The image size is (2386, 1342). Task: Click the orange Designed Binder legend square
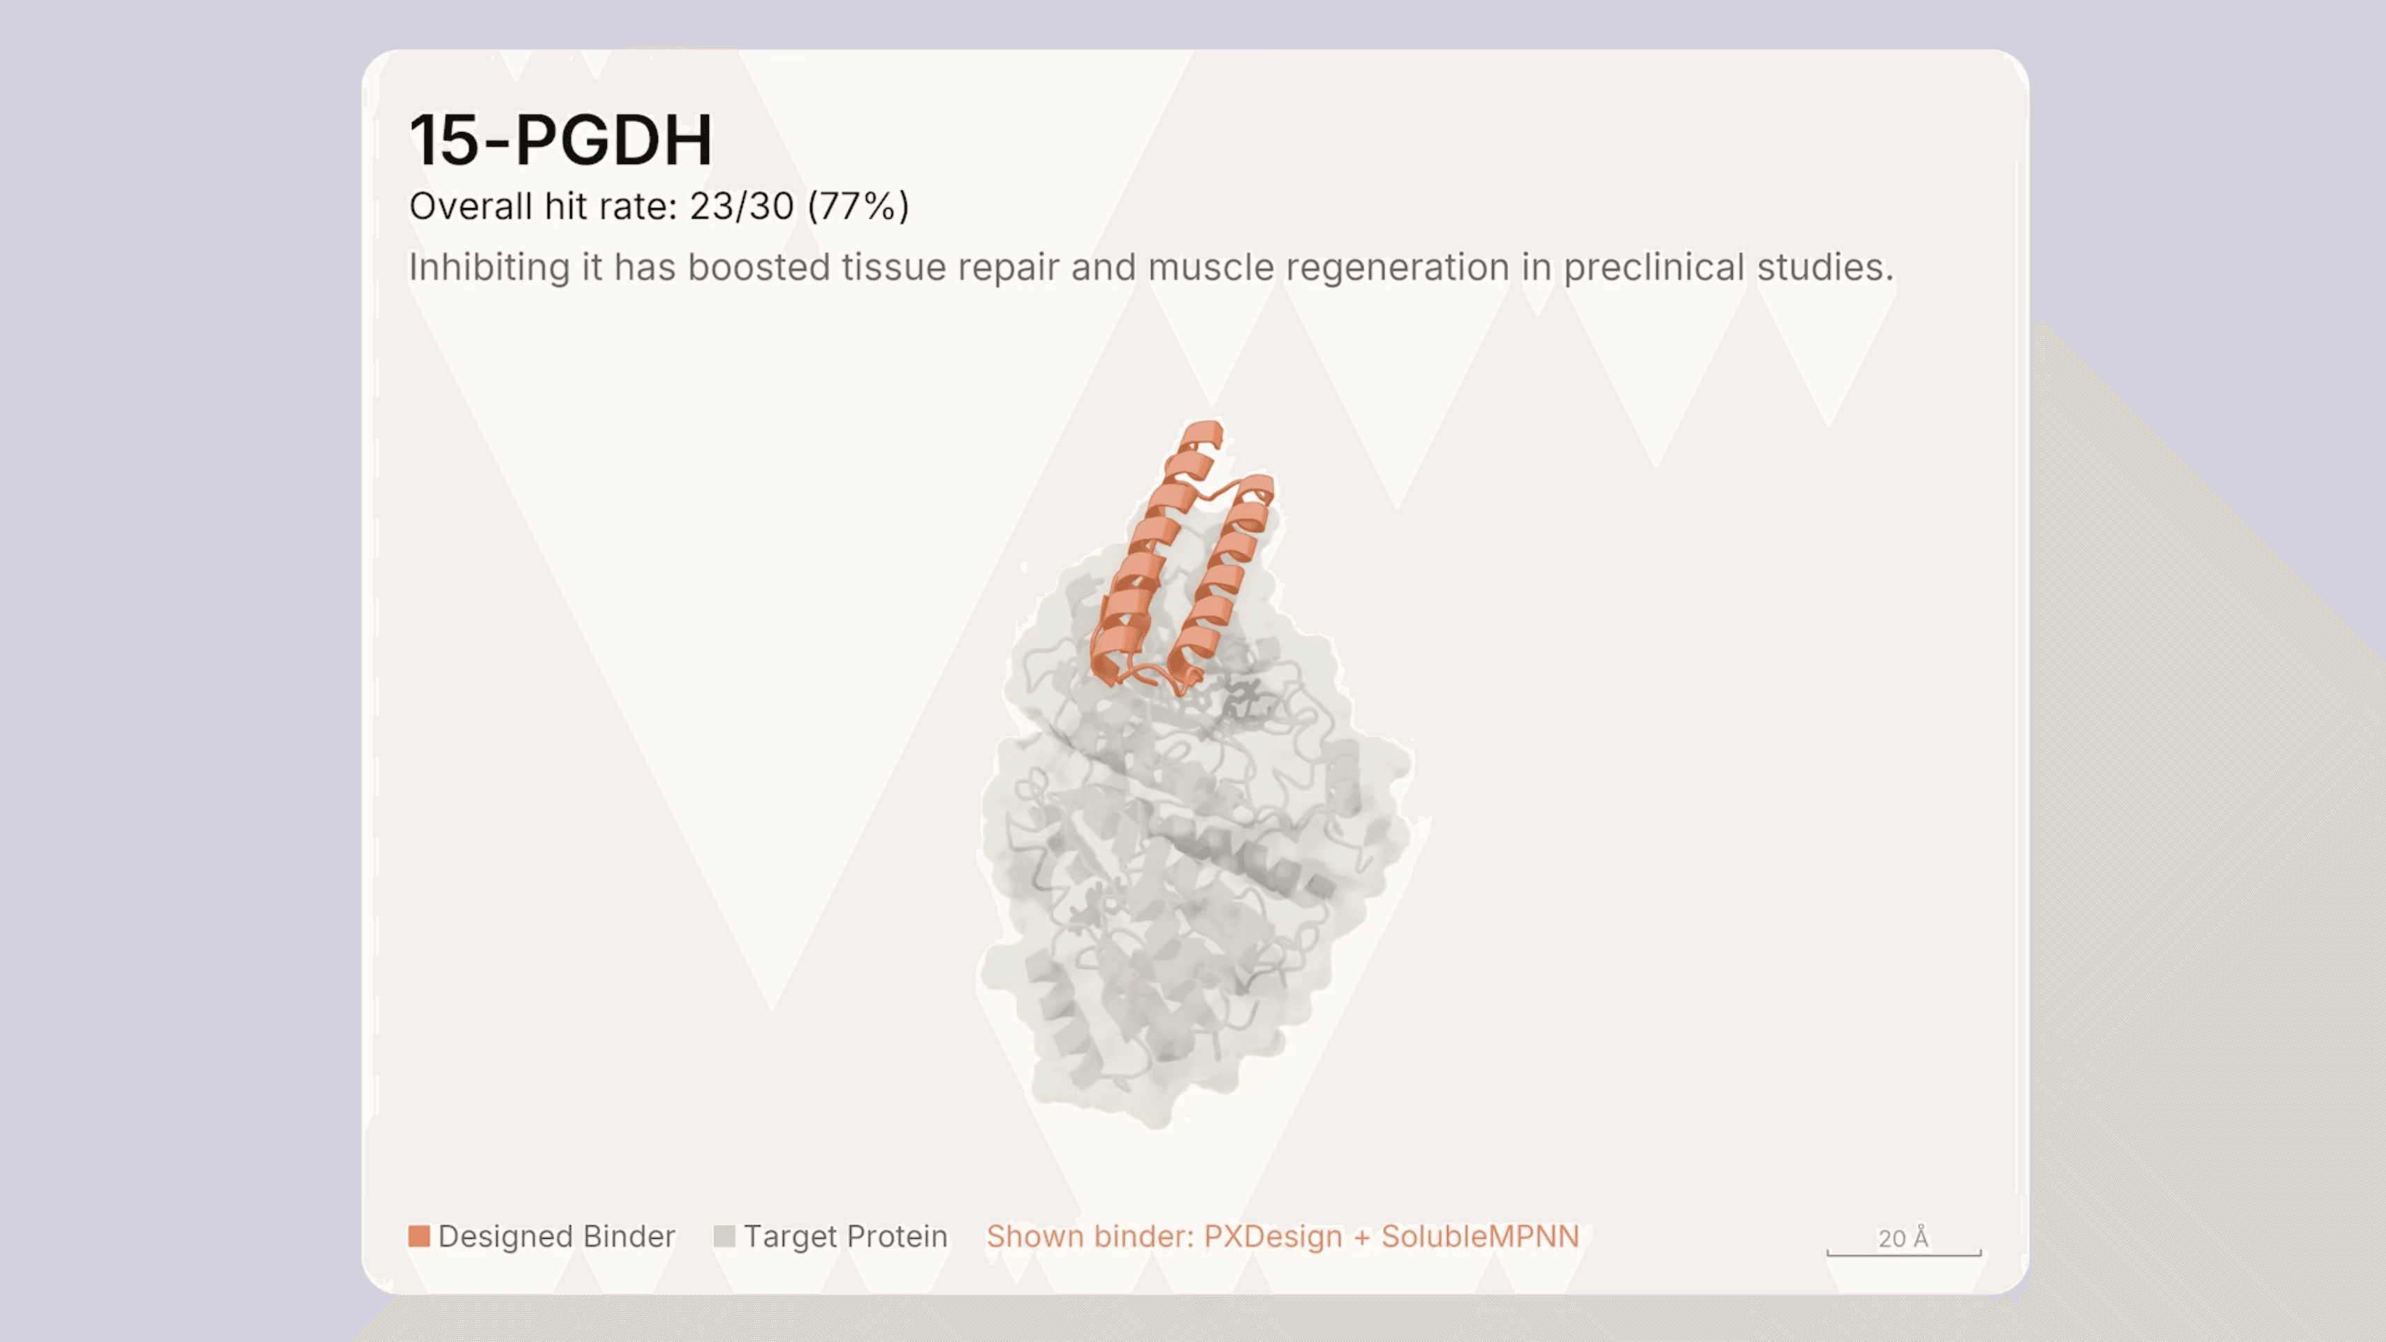coord(418,1237)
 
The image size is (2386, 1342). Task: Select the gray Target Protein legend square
coord(724,1237)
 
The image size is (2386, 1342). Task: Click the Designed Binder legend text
coord(557,1237)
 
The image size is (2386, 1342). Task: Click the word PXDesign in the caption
coord(1273,1237)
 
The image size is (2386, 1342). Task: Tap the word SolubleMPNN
coord(1480,1237)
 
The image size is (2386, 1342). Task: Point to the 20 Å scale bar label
coord(1903,1237)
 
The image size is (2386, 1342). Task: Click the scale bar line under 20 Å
coord(1903,1254)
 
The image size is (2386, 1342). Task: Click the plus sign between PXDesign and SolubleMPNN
coord(1361,1237)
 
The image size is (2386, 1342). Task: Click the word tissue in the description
coord(893,267)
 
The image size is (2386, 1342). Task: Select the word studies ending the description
coord(1824,267)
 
